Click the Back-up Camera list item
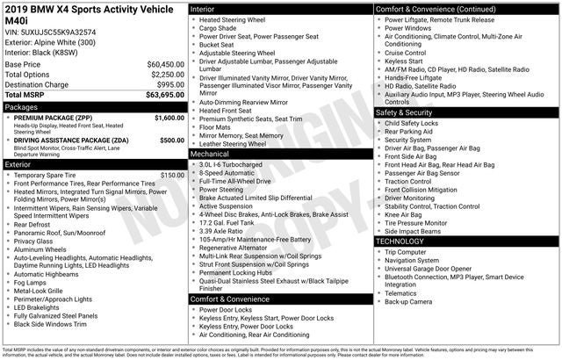[x=408, y=301]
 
